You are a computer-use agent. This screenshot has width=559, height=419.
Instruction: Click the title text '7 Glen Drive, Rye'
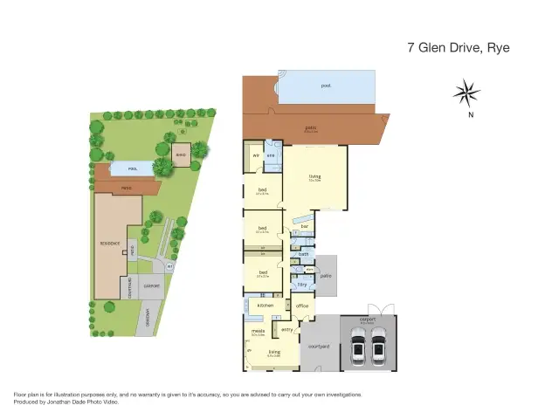458,48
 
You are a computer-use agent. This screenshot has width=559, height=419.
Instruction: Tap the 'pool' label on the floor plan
326,86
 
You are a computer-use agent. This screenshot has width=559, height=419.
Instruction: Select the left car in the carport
357,349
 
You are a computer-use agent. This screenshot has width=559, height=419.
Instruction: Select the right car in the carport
379,349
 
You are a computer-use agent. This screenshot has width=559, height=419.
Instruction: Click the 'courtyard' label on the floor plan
319,347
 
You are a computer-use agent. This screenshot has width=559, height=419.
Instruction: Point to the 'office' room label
302,306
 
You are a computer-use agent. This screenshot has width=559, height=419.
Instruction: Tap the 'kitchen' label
266,306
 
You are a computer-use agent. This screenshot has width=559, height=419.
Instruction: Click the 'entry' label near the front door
286,330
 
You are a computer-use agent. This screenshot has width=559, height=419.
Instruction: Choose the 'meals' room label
258,332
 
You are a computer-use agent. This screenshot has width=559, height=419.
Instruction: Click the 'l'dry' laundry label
302,284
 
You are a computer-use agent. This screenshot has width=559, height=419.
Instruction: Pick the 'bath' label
303,255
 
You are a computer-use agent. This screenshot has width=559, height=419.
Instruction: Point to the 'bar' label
305,226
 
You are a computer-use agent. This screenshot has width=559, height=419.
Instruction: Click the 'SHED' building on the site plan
181,154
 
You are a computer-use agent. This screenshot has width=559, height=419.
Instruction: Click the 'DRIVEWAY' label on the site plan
148,318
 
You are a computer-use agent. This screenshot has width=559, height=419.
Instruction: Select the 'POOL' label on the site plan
133,168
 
